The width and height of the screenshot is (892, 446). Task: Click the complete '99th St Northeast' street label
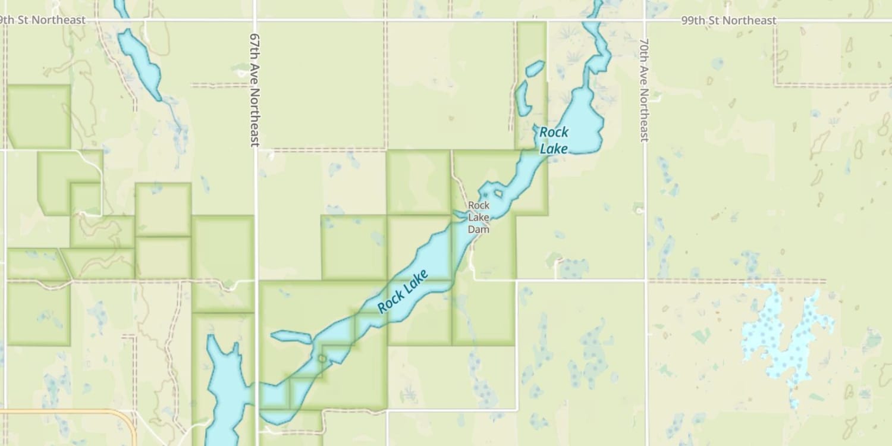point(728,21)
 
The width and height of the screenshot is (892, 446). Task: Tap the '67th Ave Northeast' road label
point(255,89)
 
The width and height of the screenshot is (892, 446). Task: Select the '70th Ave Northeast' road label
point(644,90)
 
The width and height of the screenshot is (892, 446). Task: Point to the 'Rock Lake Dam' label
point(478,217)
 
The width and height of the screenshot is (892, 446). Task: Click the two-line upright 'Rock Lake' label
point(554,140)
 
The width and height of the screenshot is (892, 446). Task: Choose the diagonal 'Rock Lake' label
point(403,291)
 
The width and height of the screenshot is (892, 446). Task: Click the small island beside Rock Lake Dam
point(497,193)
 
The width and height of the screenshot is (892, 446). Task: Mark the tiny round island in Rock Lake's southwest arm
point(322,358)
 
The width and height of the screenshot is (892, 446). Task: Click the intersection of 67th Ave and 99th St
point(255,20)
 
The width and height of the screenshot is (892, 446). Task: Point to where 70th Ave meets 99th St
point(645,20)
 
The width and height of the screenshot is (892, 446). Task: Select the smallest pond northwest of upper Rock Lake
point(535,68)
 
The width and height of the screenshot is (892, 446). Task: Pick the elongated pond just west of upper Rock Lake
point(523,99)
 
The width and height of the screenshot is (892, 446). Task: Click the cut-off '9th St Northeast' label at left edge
point(43,20)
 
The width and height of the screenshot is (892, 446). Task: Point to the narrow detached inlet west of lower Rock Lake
point(291,337)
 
